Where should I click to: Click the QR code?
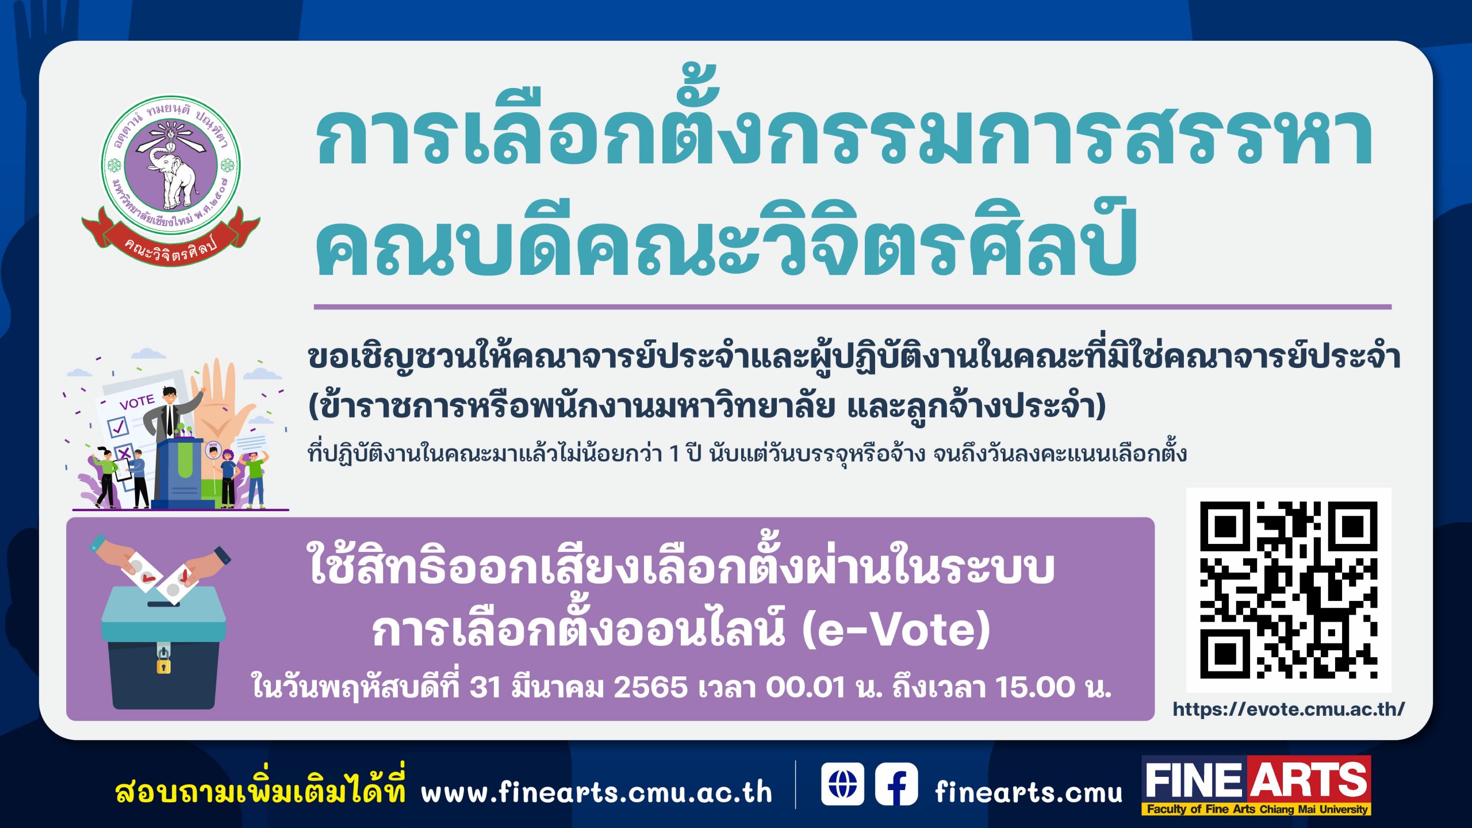tap(1288, 590)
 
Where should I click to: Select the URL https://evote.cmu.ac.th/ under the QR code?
tap(1289, 710)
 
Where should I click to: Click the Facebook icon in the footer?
tap(896, 784)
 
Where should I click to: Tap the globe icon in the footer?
tap(842, 784)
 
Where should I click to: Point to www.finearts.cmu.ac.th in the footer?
tap(596, 793)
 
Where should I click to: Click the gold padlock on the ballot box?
tap(163, 665)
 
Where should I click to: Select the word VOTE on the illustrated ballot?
tap(137, 401)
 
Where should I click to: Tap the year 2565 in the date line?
tap(650, 687)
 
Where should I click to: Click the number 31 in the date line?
tap(485, 687)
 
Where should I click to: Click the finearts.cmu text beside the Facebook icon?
tap(1028, 793)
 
